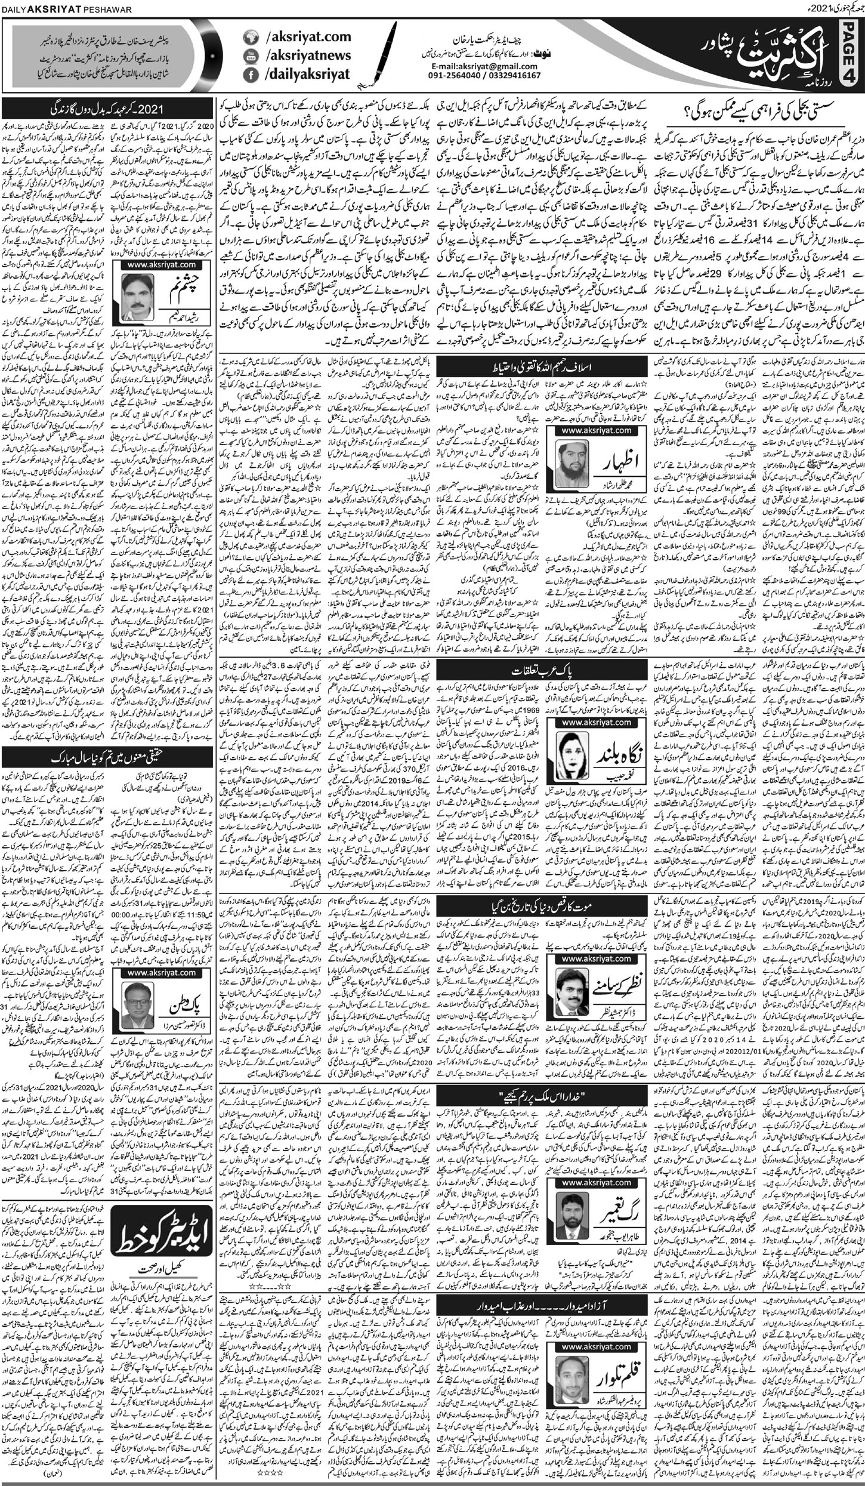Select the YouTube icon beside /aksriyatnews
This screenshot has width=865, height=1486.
(249, 56)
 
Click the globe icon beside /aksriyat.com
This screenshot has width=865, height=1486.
(249, 38)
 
